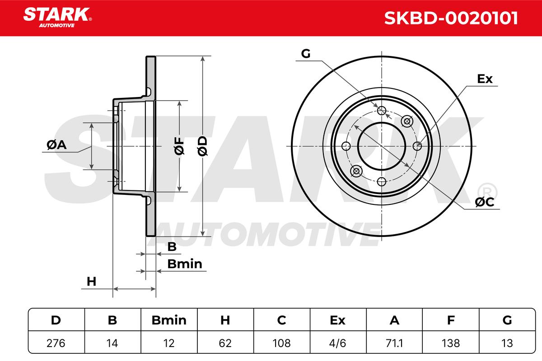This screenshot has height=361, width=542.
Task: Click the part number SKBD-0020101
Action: pos(451,18)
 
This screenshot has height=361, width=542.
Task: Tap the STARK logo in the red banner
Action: pos(57,17)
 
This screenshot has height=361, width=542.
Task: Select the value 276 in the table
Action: pos(56,343)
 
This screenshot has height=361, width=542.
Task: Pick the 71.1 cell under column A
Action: pos(394,343)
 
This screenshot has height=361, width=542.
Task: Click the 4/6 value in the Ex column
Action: pos(337,343)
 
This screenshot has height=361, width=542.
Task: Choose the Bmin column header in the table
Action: pos(169,320)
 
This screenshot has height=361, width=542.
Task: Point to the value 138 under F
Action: pos(451,343)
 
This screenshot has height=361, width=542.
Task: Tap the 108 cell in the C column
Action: pos(281,343)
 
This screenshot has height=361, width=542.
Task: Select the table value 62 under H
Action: pos(225,343)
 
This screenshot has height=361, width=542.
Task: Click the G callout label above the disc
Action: pos(306,54)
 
